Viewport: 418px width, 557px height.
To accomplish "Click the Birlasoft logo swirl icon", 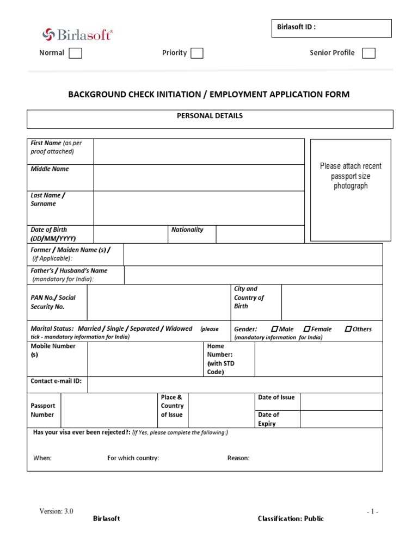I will (x=49, y=34).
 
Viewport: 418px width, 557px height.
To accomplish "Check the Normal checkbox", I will (x=76, y=53).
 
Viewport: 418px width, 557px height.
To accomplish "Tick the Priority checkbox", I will (x=197, y=53).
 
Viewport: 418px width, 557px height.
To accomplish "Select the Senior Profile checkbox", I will (x=368, y=53).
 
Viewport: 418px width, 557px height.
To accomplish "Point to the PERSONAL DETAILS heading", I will (x=210, y=116).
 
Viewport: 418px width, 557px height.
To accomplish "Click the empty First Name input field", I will (x=199, y=151).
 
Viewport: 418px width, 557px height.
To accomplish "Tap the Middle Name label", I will (x=50, y=169).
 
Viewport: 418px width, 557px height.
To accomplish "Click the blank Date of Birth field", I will (x=131, y=234).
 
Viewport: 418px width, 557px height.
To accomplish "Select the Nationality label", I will (x=187, y=230).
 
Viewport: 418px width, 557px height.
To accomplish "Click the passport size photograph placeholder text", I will (x=351, y=176).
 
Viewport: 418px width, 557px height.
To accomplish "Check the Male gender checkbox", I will (x=274, y=329).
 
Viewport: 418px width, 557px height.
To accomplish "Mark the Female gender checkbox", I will (x=307, y=329).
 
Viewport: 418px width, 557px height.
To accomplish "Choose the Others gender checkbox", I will (x=348, y=329).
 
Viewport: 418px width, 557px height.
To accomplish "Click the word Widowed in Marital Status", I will (x=179, y=329).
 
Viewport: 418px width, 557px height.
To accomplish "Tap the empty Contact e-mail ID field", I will (x=235, y=385).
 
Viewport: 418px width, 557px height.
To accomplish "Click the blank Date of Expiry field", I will (x=341, y=419).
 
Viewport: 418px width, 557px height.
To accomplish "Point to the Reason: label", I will (x=238, y=458).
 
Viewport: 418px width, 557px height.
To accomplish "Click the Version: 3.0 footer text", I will (x=56, y=511).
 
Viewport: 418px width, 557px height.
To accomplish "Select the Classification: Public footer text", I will (x=291, y=519).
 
